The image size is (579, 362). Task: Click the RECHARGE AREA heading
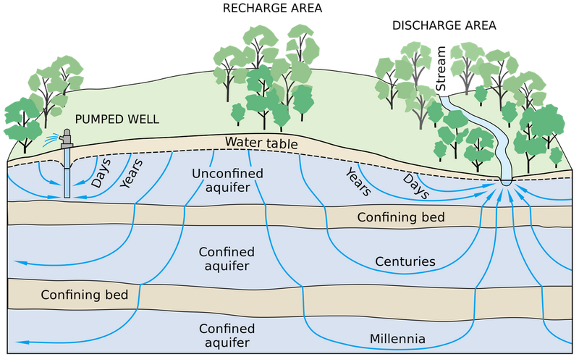[x=273, y=8]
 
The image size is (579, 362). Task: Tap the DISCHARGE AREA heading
[x=444, y=25]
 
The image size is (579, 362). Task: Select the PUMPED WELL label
[x=117, y=119]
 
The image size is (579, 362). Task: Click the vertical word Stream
[x=441, y=69]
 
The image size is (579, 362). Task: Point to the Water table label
[x=261, y=143]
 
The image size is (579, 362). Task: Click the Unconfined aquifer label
[x=227, y=180]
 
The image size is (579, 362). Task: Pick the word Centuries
[x=405, y=261]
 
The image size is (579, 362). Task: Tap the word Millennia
[x=397, y=339]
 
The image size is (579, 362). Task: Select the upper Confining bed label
[x=401, y=216]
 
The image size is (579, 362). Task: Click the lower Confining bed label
[x=85, y=295]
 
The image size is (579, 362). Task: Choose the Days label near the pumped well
[x=101, y=173]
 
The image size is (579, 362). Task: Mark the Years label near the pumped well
[x=132, y=174]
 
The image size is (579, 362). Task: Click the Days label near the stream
[x=415, y=187]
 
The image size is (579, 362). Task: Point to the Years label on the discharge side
[x=358, y=182]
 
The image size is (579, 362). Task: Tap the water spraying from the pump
[x=51, y=140]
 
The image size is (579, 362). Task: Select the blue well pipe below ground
[x=67, y=172]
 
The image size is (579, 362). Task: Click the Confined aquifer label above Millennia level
[x=227, y=259]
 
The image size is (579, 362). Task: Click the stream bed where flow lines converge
[x=506, y=182]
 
